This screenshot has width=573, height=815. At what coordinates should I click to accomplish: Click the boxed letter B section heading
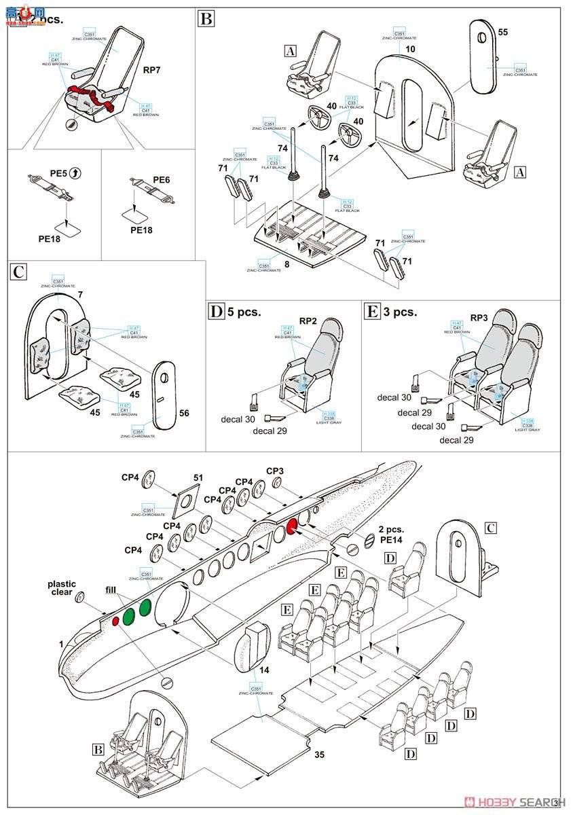(206, 18)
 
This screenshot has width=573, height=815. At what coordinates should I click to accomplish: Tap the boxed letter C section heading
(19, 272)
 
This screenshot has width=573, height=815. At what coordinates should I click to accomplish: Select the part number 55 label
(503, 32)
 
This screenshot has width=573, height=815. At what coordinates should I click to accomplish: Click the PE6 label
(161, 179)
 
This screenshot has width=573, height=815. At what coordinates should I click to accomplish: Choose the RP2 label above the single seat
(309, 321)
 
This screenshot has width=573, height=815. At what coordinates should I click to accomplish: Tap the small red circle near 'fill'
(115, 619)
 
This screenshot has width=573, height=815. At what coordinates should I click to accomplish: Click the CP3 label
(275, 471)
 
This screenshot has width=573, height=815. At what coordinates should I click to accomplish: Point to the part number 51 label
(198, 477)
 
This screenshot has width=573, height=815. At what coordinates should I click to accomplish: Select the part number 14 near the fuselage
(265, 669)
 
